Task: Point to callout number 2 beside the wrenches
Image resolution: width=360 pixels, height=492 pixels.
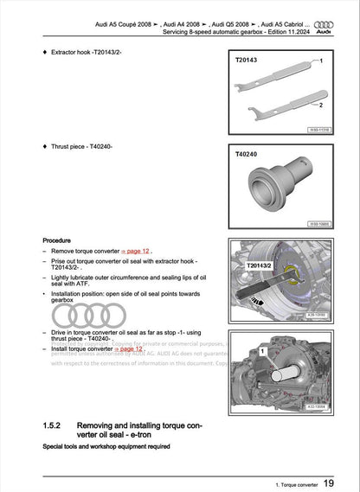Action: point(319,104)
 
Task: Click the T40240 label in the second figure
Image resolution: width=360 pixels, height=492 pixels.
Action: point(247,154)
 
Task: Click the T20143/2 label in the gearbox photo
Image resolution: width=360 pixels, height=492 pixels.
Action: point(260,265)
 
